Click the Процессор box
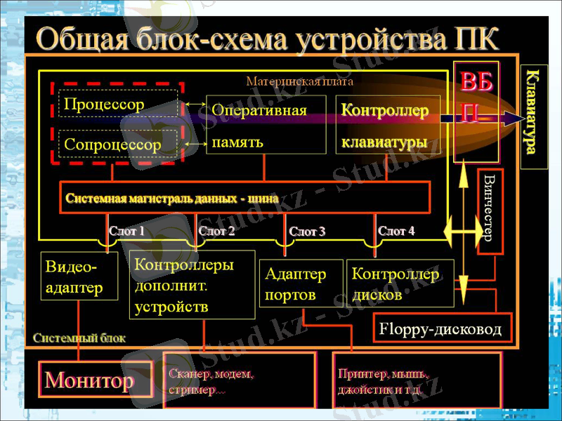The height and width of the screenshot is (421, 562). point(117,104)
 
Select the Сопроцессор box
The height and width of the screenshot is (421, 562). point(117,144)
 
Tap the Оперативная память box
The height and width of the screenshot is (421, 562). point(266,125)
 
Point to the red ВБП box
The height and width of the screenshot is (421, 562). point(477,98)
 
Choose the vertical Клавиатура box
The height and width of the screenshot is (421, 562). point(533,116)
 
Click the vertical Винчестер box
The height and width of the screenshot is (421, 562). point(490,210)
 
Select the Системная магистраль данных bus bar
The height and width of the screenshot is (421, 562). point(245,197)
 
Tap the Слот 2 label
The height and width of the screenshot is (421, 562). point(216,230)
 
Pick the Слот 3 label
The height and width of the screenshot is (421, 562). point(307,232)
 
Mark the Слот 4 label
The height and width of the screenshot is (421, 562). point(396,230)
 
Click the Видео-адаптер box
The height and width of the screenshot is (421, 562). point(79,276)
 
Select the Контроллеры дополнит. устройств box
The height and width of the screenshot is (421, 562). point(191,284)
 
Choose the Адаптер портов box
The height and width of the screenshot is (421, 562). point(301,283)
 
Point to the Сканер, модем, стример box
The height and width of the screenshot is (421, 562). point(240,381)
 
